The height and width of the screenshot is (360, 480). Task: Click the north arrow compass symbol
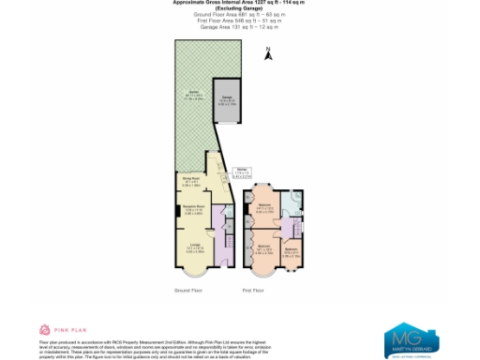click(268, 53)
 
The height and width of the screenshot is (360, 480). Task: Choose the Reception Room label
click(191, 209)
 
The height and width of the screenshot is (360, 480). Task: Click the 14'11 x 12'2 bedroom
click(265, 209)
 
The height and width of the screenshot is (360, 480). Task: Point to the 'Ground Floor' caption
click(188, 291)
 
